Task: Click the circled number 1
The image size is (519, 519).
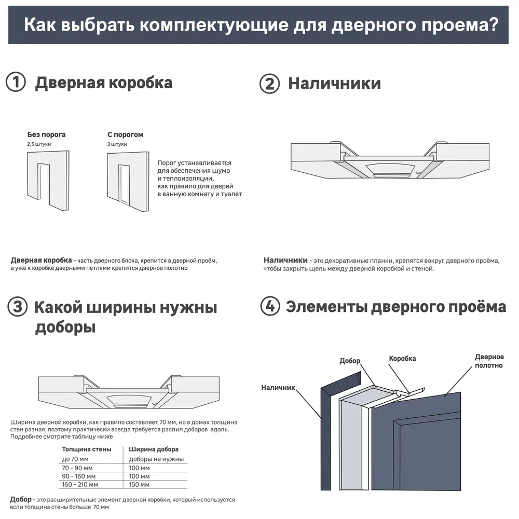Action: (x=16, y=83)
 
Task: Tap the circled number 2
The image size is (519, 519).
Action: (x=269, y=84)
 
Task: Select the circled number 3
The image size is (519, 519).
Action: (x=17, y=307)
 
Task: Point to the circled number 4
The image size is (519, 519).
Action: (x=269, y=307)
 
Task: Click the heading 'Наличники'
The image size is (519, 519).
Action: (x=334, y=84)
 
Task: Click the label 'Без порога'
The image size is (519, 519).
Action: (x=46, y=134)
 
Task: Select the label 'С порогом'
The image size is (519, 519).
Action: (x=125, y=134)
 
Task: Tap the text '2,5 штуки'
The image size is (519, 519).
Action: (x=39, y=144)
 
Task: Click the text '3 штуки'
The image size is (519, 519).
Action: (x=117, y=144)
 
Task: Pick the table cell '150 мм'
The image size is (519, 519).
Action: (x=139, y=485)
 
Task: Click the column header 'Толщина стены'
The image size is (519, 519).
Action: (x=86, y=449)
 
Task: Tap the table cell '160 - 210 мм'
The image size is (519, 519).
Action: (x=80, y=485)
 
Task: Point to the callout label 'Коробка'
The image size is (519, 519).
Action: (x=402, y=359)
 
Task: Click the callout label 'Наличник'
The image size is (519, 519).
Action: (x=278, y=387)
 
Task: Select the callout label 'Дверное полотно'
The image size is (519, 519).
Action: (x=489, y=361)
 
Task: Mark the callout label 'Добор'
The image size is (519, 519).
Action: (x=349, y=361)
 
